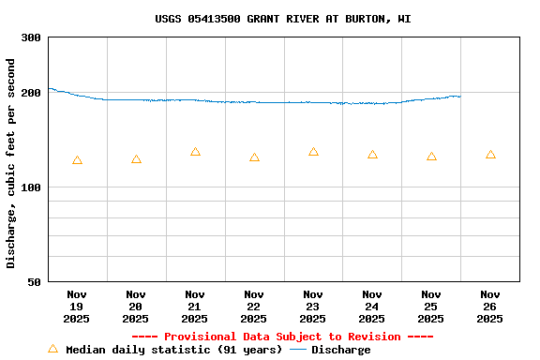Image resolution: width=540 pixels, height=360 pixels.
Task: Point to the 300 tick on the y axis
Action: tap(31, 37)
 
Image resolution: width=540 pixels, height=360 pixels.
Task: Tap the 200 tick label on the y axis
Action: tap(31, 93)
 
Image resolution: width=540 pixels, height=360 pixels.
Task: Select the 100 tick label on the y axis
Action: tap(31, 187)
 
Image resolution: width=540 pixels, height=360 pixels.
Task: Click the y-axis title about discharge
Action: tap(11, 163)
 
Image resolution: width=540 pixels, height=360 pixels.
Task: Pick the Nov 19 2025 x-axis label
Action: tap(77, 307)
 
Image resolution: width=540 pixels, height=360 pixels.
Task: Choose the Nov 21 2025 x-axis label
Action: tap(195, 307)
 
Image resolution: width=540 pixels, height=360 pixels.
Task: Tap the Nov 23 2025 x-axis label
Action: tap(313, 307)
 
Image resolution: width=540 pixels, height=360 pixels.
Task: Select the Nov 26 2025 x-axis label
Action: tap(489, 307)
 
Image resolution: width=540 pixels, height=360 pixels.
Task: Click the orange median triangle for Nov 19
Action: tap(77, 160)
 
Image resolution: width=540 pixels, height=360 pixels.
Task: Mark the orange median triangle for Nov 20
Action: tap(136, 159)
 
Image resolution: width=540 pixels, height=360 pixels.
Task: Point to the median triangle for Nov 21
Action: tap(195, 152)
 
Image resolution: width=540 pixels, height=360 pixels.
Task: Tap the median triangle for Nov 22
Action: tap(254, 157)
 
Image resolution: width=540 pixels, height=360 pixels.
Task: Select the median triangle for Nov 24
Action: tap(372, 155)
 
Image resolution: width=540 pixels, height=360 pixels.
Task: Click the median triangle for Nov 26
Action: tap(490, 155)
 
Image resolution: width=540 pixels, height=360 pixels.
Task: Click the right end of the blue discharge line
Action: tap(459, 96)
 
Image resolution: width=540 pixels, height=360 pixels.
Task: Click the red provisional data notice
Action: tap(282, 337)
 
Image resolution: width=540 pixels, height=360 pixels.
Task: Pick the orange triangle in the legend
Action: tap(52, 349)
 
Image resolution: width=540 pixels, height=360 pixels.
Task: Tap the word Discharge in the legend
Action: tap(340, 350)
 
